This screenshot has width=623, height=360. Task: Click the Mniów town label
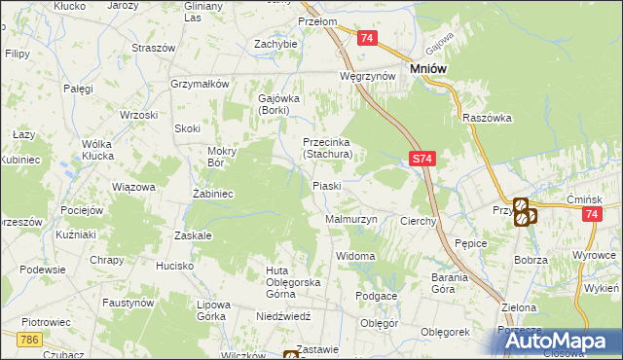pyautogui.click(x=428, y=69)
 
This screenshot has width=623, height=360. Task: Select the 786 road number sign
pyautogui.click(x=28, y=338)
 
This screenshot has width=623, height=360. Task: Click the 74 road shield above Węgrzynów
pyautogui.click(x=366, y=38)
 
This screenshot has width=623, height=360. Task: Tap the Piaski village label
pyautogui.click(x=325, y=185)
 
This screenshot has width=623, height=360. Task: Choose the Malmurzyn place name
pyautogui.click(x=349, y=220)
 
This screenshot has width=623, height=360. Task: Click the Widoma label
pyautogui.click(x=355, y=256)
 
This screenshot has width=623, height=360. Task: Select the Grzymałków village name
pyautogui.click(x=199, y=84)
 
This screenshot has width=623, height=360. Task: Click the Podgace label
pyautogui.click(x=376, y=296)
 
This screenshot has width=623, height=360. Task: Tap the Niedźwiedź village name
pyautogui.click(x=282, y=316)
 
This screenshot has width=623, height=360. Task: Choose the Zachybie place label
pyautogui.click(x=275, y=44)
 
